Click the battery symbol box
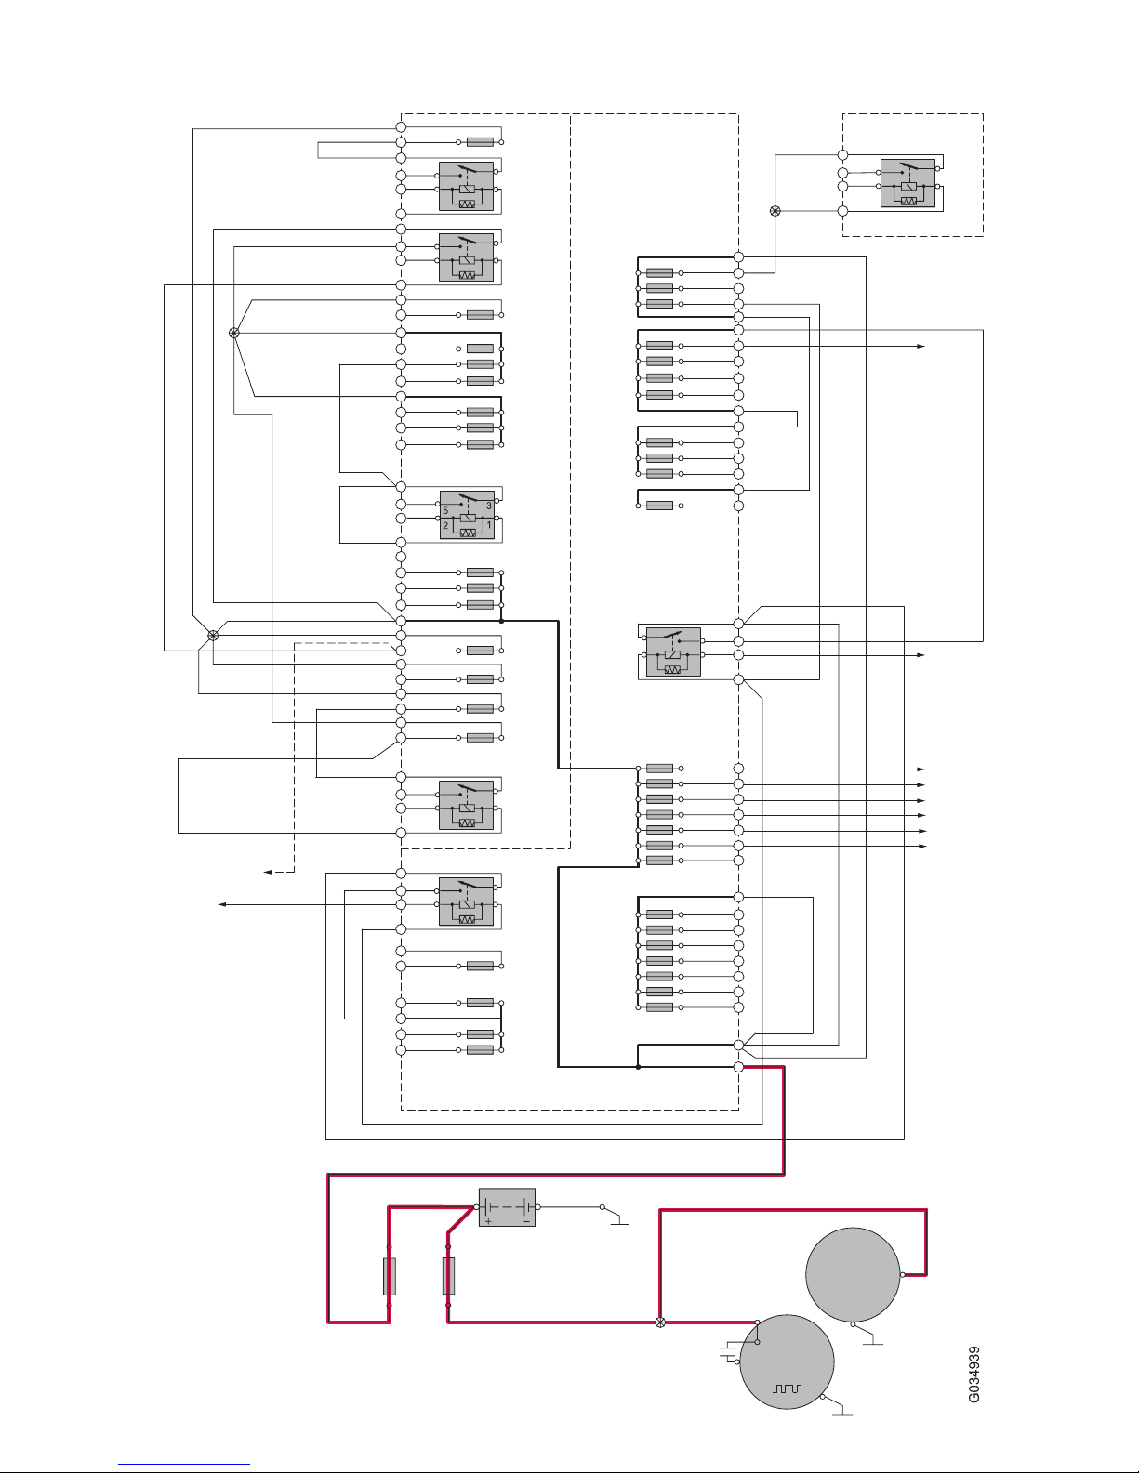pyautogui.click(x=507, y=1206)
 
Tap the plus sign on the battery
pyautogui.click(x=488, y=1221)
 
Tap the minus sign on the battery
pyautogui.click(x=526, y=1221)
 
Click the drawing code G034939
pyautogui.click(x=973, y=1374)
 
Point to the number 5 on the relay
pyautogui.click(x=445, y=510)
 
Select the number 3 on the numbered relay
pyautogui.click(x=489, y=506)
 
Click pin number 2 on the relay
pyautogui.click(x=445, y=525)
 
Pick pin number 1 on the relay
pyautogui.click(x=489, y=525)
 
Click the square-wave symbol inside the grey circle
pyautogui.click(x=788, y=1389)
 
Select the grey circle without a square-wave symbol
pyautogui.click(x=853, y=1274)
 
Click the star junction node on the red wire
pyautogui.click(x=660, y=1322)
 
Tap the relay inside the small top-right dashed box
pyautogui.click(x=907, y=182)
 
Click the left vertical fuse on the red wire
pyautogui.click(x=390, y=1276)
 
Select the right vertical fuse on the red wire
pyautogui.click(x=448, y=1276)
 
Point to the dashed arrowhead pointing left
pyautogui.click(x=268, y=872)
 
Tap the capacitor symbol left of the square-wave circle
pyautogui.click(x=729, y=1351)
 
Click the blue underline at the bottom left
pyautogui.click(x=184, y=1464)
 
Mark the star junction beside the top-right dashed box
pyautogui.click(x=775, y=211)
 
